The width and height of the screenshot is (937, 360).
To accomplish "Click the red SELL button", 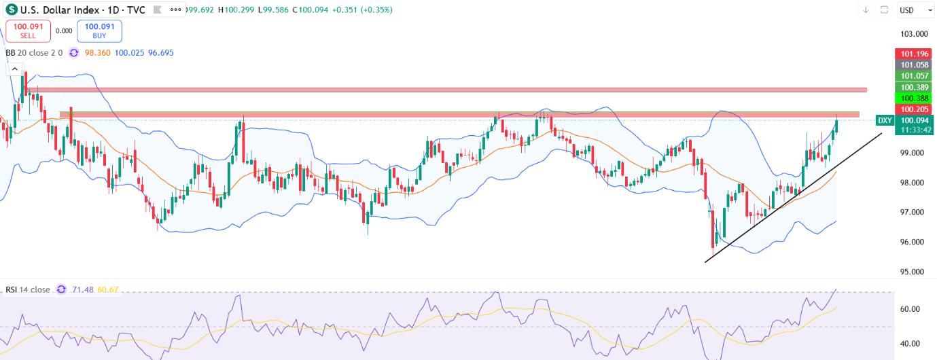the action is [x=28, y=31].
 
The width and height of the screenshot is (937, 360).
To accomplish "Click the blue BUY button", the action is [x=99, y=31].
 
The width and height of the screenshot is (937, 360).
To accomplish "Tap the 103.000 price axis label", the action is [x=914, y=34].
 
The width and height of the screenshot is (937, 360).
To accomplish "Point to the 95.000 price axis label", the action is [x=912, y=272].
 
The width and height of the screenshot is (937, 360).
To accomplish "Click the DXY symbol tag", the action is [x=885, y=120].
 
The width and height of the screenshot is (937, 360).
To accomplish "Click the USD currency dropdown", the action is [x=915, y=10].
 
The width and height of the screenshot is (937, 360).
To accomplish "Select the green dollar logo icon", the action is [x=12, y=10].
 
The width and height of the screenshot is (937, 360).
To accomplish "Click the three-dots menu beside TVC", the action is [x=176, y=10].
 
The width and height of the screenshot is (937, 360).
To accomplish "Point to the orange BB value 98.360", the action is [x=97, y=53].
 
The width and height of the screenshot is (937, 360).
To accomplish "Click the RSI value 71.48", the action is [x=83, y=289].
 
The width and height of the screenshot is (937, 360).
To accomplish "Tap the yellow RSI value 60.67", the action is [x=108, y=289].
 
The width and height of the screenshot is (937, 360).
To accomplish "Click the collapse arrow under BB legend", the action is [x=15, y=69].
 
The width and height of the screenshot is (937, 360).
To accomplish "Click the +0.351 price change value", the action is [x=344, y=10].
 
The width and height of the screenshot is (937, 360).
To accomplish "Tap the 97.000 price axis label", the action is [x=912, y=213].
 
